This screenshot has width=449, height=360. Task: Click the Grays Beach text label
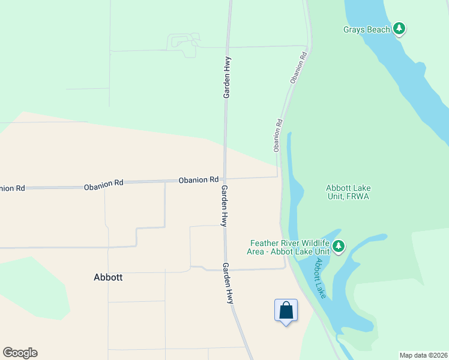pos(367,29)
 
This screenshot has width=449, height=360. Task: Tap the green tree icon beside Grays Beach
pos(399,29)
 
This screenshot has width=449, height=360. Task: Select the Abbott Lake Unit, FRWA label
pos(348,191)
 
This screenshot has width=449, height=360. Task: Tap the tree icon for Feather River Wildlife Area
pos(339,246)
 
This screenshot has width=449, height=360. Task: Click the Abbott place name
pos(109,277)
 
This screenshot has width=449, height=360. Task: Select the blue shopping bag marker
pos(286,311)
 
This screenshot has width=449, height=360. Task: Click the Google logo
pos(20,353)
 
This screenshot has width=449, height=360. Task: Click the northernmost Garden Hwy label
pos(228,77)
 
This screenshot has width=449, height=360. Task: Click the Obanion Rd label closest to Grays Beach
pos(298,67)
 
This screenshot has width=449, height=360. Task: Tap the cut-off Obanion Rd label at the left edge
pos(12,188)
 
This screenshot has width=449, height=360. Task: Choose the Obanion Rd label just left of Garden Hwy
pos(198,180)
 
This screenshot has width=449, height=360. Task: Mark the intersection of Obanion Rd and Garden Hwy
pos(224,178)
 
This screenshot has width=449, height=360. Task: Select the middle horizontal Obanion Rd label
pos(103,185)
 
